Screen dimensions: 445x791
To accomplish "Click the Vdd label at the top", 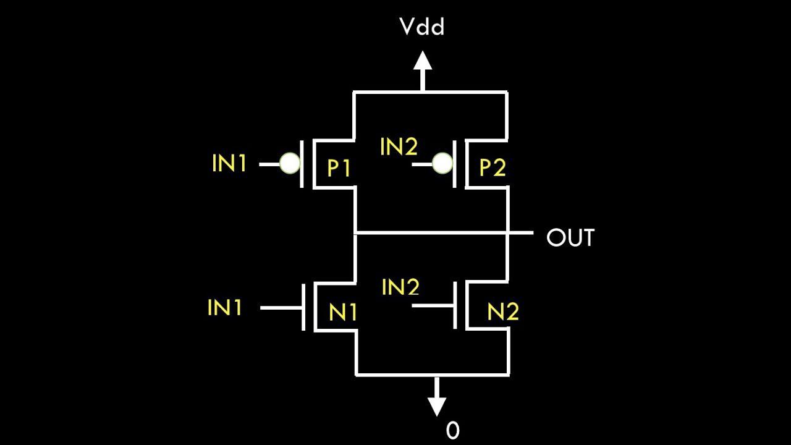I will [x=422, y=27].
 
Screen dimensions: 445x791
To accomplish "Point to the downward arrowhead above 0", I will [x=437, y=405].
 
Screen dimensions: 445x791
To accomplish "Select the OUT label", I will [x=570, y=238].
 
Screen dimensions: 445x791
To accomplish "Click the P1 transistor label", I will [x=339, y=168].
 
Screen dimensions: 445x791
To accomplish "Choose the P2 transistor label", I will [x=493, y=168].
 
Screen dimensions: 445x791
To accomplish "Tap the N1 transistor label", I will [x=342, y=313].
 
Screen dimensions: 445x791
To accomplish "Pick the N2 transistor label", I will [x=502, y=313].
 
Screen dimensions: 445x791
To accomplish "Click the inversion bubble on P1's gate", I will [x=289, y=164].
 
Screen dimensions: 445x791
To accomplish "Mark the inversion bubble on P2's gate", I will [x=441, y=164].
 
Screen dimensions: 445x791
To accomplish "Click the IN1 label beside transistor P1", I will [x=229, y=164].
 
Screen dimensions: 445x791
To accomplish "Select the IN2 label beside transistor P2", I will [x=399, y=147].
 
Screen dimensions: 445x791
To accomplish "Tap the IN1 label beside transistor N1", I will [x=225, y=307].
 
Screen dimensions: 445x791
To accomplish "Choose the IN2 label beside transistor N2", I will [x=400, y=287].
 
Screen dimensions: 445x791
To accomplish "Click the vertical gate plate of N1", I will [x=304, y=307].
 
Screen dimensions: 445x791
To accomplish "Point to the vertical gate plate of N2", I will [x=455, y=305].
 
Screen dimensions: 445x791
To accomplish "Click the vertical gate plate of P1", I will [x=302, y=164].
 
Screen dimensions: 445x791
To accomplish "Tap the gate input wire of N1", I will [x=281, y=307].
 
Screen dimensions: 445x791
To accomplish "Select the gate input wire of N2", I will [x=433, y=305].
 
